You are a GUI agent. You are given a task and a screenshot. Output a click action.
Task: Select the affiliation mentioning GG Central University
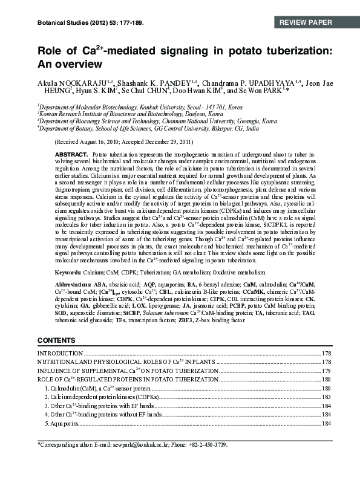click(x=148, y=128)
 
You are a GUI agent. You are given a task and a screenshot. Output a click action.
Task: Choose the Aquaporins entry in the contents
click(x=63, y=424)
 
